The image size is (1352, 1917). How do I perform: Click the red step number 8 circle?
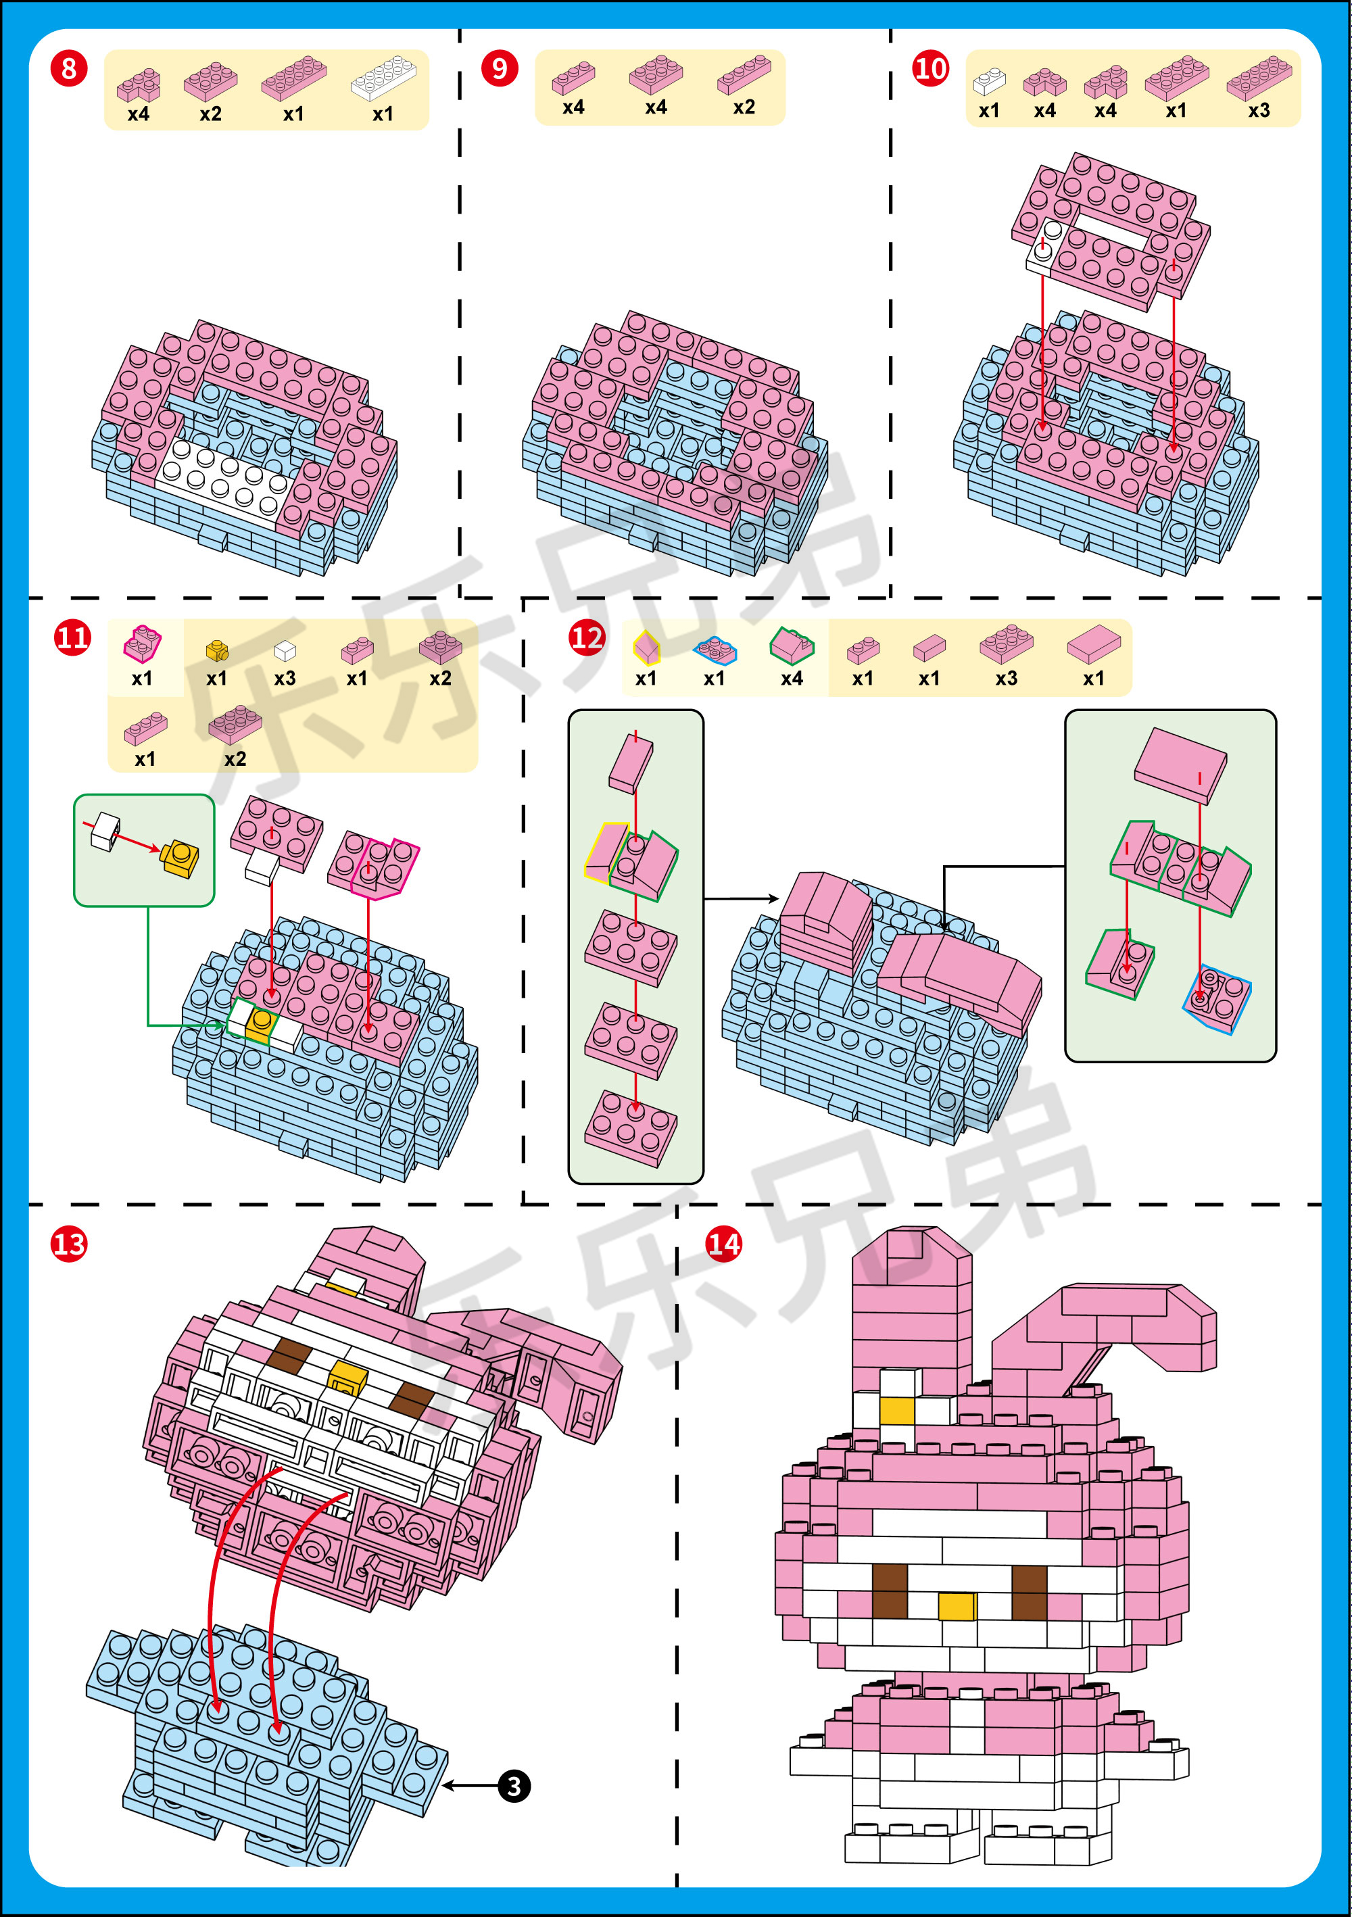point(68,68)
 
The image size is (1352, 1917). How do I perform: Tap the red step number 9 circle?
point(500,68)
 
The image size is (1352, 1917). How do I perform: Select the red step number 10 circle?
point(930,68)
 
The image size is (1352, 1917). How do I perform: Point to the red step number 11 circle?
point(72,638)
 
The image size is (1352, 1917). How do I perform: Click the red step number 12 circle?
point(586,638)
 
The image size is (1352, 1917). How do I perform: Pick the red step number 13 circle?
point(68,1244)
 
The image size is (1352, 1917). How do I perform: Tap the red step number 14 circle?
point(723,1244)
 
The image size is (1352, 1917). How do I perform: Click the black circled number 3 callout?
point(514,1786)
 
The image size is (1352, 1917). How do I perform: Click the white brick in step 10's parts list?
point(989,81)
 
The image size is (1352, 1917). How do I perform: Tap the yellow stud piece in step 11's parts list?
point(217,650)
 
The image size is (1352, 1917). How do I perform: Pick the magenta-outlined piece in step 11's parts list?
point(142,644)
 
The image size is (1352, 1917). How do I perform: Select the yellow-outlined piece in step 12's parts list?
point(646,647)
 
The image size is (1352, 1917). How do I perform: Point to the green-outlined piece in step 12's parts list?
point(791,646)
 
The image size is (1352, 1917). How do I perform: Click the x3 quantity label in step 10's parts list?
point(1259,110)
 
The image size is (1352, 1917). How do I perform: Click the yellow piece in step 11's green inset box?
point(180,858)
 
